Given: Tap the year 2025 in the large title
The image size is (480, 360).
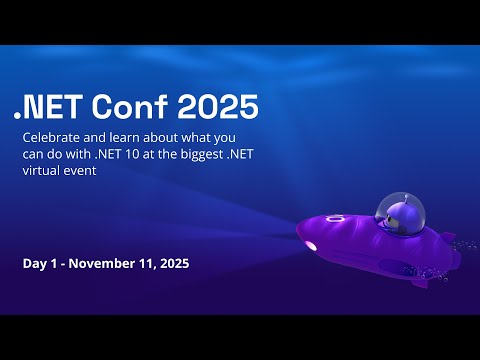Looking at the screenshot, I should pos(221,104).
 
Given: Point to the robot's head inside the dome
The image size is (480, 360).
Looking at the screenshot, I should pos(393,210).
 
